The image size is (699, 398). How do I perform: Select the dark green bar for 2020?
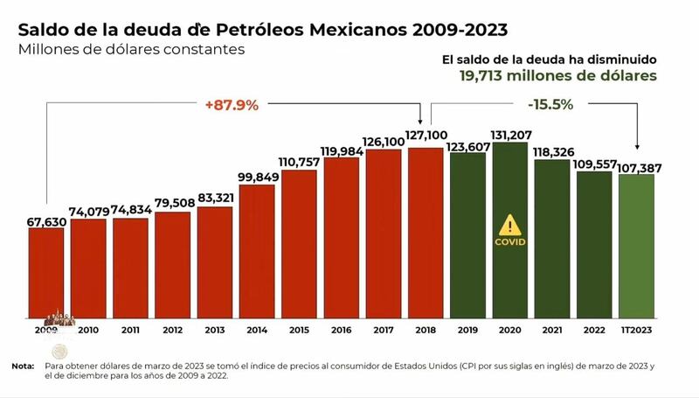pyautogui.click(x=510, y=229)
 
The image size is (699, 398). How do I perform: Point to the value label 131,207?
pyautogui.click(x=510, y=135)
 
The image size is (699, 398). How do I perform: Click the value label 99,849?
pyautogui.click(x=257, y=178)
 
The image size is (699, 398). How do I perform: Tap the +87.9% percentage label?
pyautogui.click(x=232, y=105)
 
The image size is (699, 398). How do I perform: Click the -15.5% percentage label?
pyautogui.click(x=550, y=104)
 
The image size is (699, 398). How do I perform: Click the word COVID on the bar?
pyautogui.click(x=510, y=242)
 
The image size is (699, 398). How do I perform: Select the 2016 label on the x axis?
pyautogui.click(x=342, y=332)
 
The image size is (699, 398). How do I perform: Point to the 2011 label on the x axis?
pyautogui.click(x=131, y=332)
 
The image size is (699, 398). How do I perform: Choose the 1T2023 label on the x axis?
pyautogui.click(x=637, y=332)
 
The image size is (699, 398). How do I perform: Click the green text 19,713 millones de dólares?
pyautogui.click(x=558, y=76)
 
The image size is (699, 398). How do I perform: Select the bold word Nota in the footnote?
pyautogui.click(x=24, y=366)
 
